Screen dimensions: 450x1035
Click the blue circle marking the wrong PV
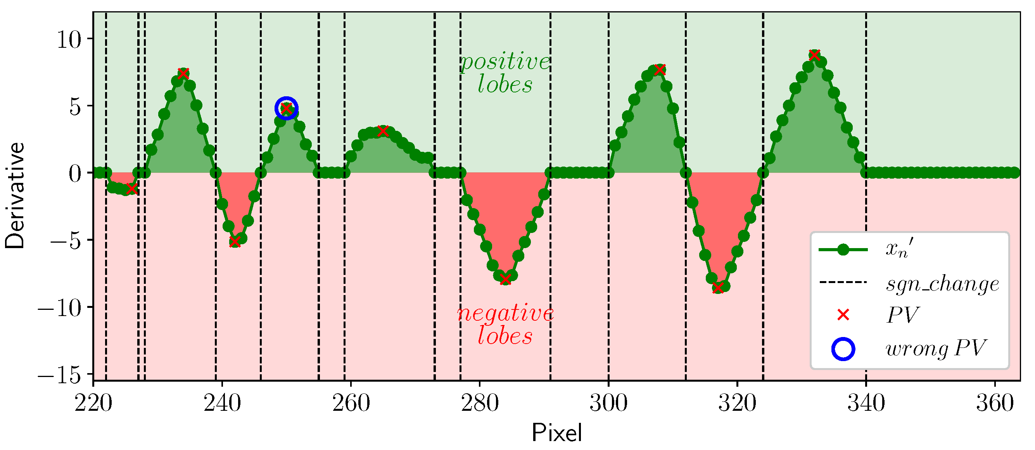pyautogui.click(x=286, y=108)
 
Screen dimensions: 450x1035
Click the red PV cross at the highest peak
pyautogui.click(x=814, y=56)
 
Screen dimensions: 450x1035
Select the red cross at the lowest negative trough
pyautogui.click(x=718, y=288)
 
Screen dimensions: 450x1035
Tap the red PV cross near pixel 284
pyautogui.click(x=505, y=279)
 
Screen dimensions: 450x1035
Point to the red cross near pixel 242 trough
pyautogui.click(x=235, y=242)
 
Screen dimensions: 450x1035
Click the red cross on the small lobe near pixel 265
pyautogui.click(x=383, y=131)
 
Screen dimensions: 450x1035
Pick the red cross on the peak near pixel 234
pyautogui.click(x=183, y=74)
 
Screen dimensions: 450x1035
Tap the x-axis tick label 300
pyautogui.click(x=608, y=403)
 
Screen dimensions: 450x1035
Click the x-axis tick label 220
pyautogui.click(x=93, y=403)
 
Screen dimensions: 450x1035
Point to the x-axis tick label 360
pyautogui.click(x=994, y=403)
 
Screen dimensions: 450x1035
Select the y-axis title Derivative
pyautogui.click(x=15, y=196)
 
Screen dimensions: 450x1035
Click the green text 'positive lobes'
pyautogui.click(x=505, y=73)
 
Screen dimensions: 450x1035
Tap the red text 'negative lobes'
pyautogui.click(x=505, y=324)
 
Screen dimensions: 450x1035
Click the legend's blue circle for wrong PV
pyautogui.click(x=843, y=349)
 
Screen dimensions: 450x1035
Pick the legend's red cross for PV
pyautogui.click(x=843, y=315)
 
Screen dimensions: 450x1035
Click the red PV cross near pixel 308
pyautogui.click(x=659, y=69)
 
